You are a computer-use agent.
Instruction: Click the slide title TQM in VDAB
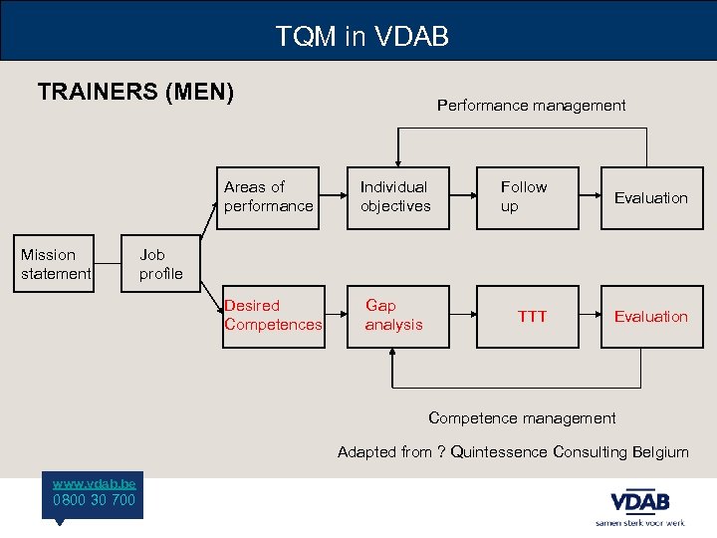click(362, 37)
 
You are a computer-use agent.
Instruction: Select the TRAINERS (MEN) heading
click(135, 93)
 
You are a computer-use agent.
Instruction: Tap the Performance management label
click(531, 105)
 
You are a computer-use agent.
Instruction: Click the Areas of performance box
click(268, 197)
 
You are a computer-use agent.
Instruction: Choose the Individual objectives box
click(395, 197)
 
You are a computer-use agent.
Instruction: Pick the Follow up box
click(527, 197)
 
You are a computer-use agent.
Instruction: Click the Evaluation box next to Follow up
click(650, 197)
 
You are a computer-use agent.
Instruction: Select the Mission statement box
click(56, 264)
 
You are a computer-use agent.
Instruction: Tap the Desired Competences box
click(273, 316)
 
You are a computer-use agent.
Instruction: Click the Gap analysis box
click(394, 316)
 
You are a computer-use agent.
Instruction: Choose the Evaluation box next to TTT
click(650, 316)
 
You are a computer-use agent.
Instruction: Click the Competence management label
click(522, 418)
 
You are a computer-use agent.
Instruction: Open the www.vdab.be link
click(95, 482)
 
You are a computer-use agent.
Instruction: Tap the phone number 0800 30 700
click(95, 500)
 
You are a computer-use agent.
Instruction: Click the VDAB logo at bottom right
click(639, 502)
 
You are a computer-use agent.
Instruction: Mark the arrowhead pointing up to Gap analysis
click(393, 354)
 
